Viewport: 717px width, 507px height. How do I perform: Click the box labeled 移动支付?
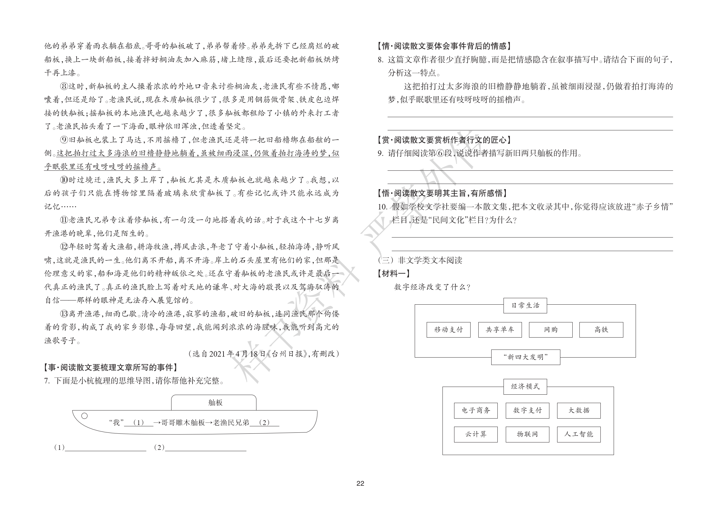(x=448, y=330)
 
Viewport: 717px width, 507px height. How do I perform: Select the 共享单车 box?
(x=500, y=330)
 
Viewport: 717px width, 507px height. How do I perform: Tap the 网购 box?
(x=550, y=330)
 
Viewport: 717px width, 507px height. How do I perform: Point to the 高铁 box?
(x=601, y=330)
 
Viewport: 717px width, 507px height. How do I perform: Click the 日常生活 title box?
(x=525, y=305)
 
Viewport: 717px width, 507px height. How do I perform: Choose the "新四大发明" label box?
(x=525, y=357)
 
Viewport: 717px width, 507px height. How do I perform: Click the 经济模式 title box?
(x=525, y=386)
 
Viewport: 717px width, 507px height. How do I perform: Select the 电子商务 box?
(x=476, y=410)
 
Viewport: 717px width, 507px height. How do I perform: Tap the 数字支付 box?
(x=527, y=410)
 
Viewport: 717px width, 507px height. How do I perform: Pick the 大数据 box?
(x=579, y=410)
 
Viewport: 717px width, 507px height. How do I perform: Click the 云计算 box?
(x=476, y=434)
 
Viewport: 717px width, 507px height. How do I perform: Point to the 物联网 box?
(x=527, y=434)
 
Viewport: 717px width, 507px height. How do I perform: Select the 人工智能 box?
(x=579, y=434)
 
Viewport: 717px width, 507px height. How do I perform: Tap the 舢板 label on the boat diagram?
(x=215, y=402)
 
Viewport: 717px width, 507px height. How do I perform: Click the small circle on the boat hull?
(x=85, y=416)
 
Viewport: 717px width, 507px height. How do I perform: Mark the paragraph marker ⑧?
(x=64, y=86)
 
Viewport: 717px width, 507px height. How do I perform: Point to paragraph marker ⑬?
(x=64, y=314)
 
